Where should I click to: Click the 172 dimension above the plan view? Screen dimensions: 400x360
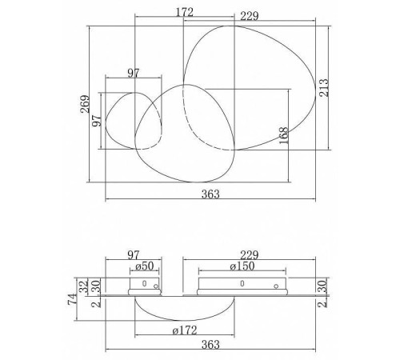pyautogui.click(x=184, y=12)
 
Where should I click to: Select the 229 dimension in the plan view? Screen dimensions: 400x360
pyautogui.click(x=250, y=16)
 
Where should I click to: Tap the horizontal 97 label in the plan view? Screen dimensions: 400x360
pyautogui.click(x=134, y=73)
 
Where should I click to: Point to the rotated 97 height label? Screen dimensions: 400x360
pyautogui.click(x=97, y=121)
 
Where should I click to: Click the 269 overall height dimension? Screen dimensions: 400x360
pyautogui.click(x=85, y=104)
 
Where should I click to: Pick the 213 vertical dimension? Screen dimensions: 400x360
pyautogui.click(x=324, y=87)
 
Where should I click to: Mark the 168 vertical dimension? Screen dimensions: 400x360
pyautogui.click(x=284, y=135)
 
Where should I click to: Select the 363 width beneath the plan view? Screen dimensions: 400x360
pyautogui.click(x=210, y=194)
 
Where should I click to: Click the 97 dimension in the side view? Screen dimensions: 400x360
pyautogui.click(x=134, y=255)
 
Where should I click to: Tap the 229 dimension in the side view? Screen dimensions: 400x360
pyautogui.click(x=250, y=255)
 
